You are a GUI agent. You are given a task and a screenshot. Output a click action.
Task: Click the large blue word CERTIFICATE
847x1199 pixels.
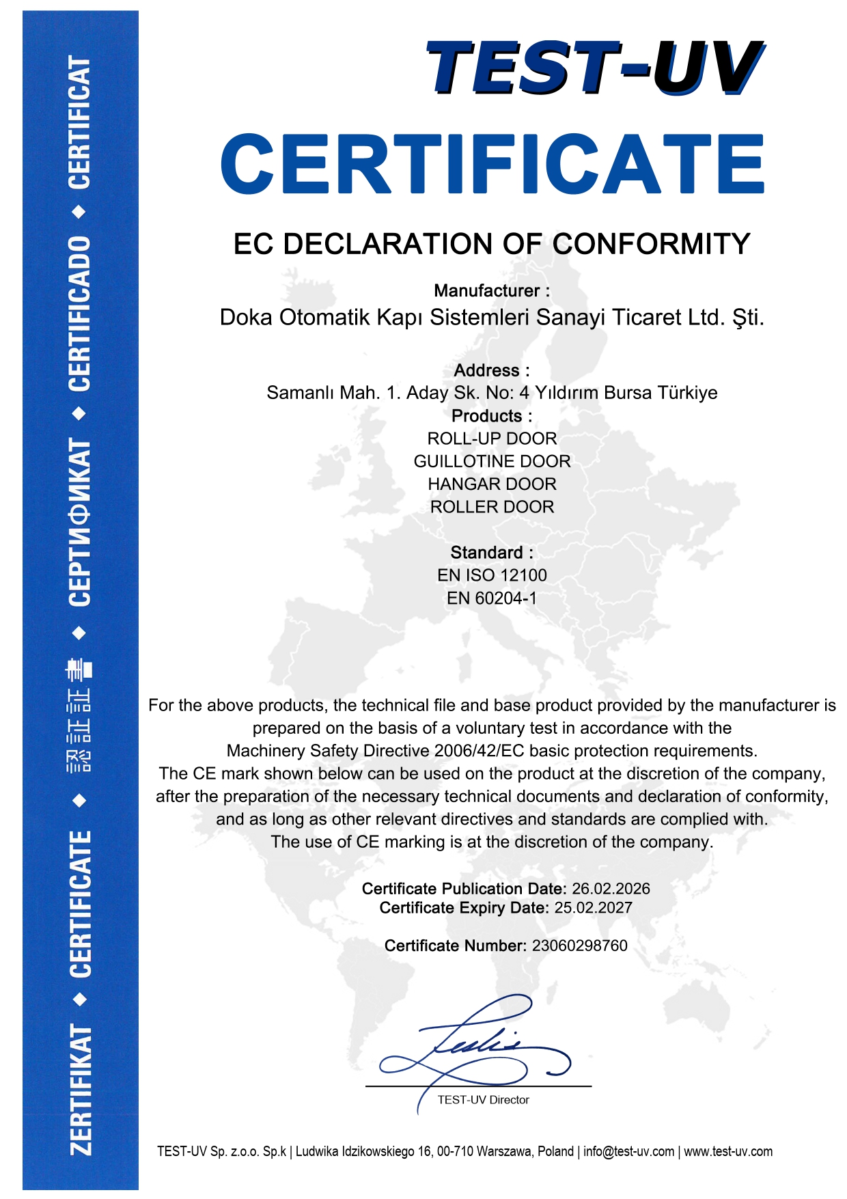coord(492,164)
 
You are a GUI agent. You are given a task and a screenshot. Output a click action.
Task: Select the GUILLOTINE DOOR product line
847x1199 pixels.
coord(492,461)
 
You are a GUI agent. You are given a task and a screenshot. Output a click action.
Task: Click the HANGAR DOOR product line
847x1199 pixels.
coord(492,484)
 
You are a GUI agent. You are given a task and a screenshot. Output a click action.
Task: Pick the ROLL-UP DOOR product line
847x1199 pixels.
coord(492,439)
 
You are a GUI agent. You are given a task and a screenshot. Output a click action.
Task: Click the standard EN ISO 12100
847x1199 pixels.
coord(492,575)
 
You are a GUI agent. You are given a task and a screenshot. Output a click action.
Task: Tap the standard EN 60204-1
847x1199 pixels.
coord(492,598)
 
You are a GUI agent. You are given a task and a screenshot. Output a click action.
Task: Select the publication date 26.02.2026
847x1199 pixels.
coord(611,889)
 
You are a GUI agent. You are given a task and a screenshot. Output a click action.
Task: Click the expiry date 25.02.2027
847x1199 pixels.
coord(593,908)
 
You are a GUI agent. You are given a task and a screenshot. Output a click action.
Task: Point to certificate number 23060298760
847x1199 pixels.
coord(579,946)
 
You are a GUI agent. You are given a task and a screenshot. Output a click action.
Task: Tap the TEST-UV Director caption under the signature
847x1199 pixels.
coord(483,1100)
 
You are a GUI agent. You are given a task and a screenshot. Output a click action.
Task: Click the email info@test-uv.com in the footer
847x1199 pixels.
coord(628,1152)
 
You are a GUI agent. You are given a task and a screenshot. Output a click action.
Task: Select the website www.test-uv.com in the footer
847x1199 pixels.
coord(728,1152)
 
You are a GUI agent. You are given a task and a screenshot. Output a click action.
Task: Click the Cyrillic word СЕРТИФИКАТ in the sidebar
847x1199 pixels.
coord(80,523)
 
